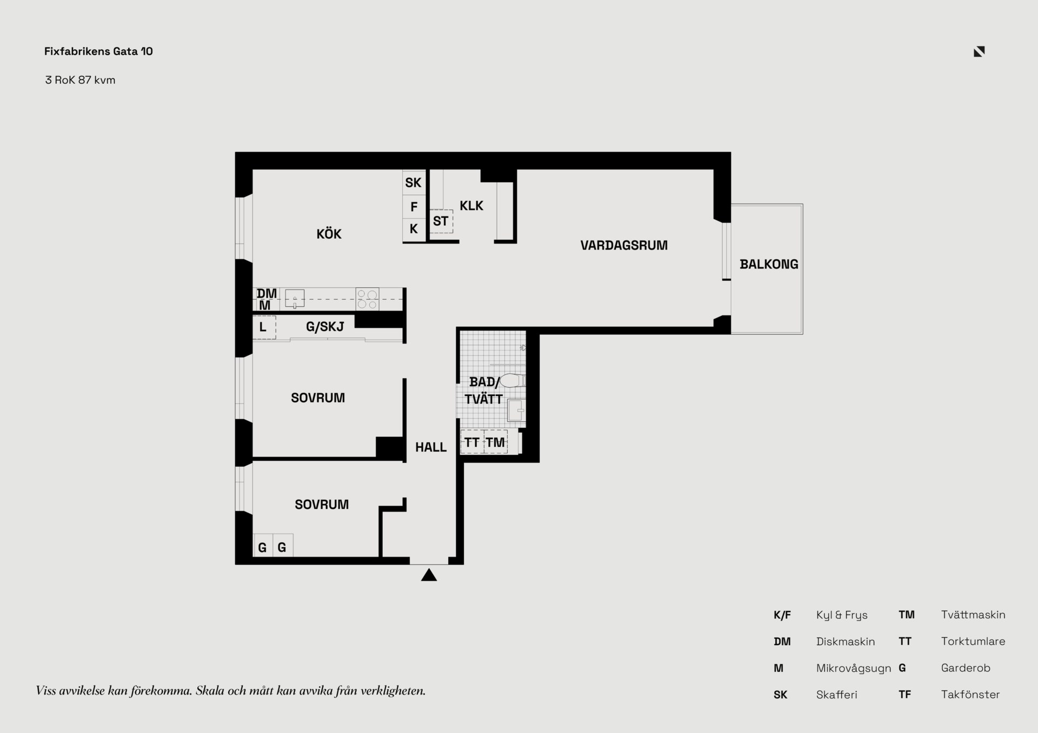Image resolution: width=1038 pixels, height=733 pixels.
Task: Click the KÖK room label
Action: click(x=329, y=234)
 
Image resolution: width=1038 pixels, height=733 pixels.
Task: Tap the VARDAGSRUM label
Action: click(x=624, y=245)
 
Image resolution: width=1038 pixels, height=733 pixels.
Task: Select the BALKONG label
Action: click(x=769, y=264)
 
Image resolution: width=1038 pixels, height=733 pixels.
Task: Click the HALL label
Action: click(x=431, y=447)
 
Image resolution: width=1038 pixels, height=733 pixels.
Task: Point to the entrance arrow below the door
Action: click(x=429, y=575)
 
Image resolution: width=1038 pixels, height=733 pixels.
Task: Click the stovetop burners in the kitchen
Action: click(x=367, y=299)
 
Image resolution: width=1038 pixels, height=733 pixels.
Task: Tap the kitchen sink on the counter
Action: click(x=295, y=299)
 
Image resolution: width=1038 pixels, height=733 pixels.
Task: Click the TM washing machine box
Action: click(x=495, y=442)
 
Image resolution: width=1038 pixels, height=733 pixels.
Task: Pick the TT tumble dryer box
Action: click(x=472, y=442)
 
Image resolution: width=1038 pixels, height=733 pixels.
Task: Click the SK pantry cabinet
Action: click(x=414, y=183)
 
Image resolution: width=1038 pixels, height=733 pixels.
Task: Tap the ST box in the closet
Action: click(x=441, y=221)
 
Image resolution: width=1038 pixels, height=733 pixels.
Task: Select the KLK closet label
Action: click(x=471, y=206)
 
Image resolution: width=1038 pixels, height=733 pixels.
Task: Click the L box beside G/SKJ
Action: click(x=264, y=327)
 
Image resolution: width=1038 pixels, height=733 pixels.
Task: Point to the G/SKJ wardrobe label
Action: click(x=325, y=327)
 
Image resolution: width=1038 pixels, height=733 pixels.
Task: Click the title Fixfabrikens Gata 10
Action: click(x=98, y=51)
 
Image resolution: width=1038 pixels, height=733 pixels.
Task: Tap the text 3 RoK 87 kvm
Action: click(x=80, y=80)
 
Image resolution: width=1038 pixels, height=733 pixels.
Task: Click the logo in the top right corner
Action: click(x=979, y=51)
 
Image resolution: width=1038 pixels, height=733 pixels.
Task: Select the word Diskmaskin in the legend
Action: click(x=846, y=642)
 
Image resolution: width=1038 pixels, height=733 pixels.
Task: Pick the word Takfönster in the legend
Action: click(x=970, y=695)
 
